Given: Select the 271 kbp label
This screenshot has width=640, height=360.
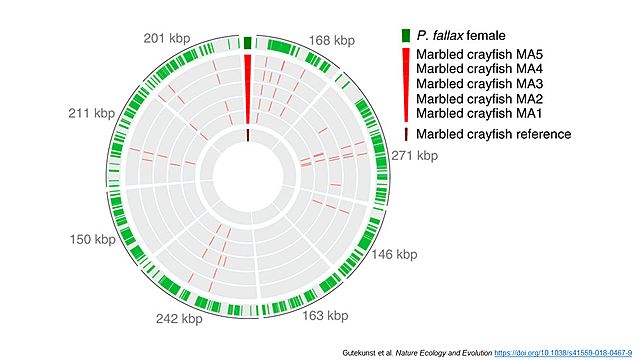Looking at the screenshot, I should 414,155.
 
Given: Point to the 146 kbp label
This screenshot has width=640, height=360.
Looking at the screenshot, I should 393,255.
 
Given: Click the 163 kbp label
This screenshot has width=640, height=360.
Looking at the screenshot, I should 325,316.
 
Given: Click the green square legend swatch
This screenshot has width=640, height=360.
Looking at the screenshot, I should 405,36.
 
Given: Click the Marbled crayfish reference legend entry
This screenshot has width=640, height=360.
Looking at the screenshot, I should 493,134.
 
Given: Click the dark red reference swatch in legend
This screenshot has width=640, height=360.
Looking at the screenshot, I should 405,134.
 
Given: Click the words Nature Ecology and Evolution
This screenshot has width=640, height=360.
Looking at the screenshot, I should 435,351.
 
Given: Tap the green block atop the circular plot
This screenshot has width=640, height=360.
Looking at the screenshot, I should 247,42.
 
